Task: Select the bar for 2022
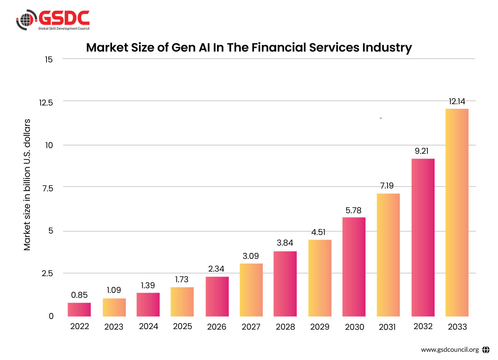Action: pos(79,310)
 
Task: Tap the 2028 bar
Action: pos(285,284)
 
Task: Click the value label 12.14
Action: pos(457,101)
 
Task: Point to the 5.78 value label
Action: pos(354,210)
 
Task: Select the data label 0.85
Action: pos(79,296)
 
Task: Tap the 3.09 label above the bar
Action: pos(251,256)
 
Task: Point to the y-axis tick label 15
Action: pos(49,59)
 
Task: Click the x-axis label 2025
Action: pos(182,326)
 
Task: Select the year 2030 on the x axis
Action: pos(354,327)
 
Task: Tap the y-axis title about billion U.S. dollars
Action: pos(27,185)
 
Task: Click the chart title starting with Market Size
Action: pos(249,48)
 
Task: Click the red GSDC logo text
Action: pos(64,17)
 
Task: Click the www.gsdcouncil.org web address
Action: pos(450,349)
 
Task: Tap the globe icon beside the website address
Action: pos(486,349)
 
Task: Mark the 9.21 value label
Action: pos(423,152)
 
